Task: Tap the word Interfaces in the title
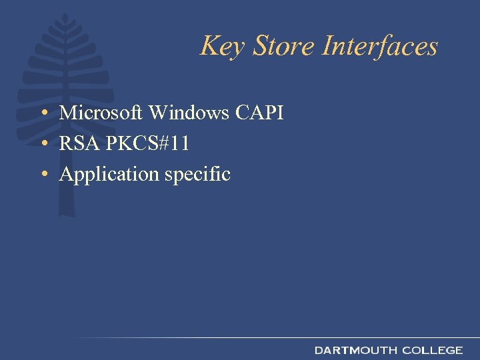coord(380,46)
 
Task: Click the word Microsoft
coord(101,113)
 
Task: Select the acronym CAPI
coord(259,113)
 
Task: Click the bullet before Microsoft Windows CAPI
coord(42,114)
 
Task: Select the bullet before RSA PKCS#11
coord(42,145)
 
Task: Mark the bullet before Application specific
coord(42,175)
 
